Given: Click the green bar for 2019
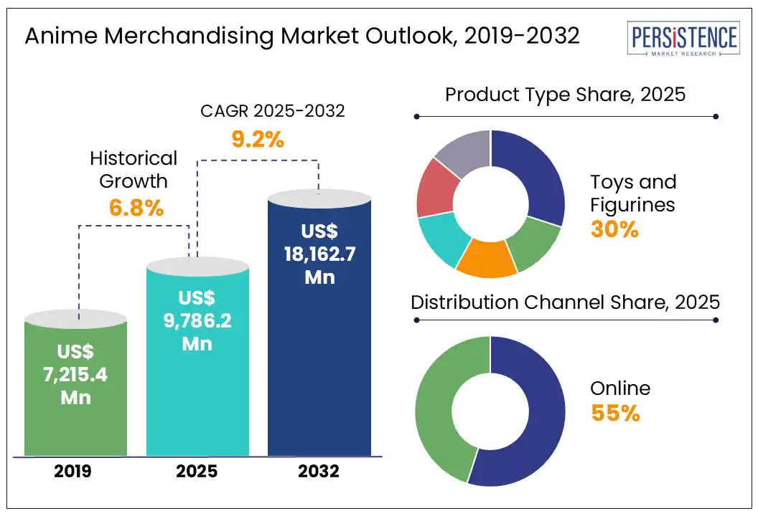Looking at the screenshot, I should (x=75, y=387).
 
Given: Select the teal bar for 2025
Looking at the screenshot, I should (x=197, y=358).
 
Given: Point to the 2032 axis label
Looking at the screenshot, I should (x=319, y=472).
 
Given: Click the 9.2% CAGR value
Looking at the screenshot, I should (x=258, y=139).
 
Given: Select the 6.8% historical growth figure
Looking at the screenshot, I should (x=136, y=208).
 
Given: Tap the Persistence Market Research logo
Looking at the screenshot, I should (x=682, y=39).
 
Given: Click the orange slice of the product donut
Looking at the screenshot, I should (x=487, y=259).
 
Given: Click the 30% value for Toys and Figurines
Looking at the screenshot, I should (x=614, y=229).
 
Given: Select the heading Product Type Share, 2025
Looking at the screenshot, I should (x=566, y=95).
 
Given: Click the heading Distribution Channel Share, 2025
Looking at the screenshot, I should (x=565, y=302).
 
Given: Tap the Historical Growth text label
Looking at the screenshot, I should (x=134, y=168).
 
